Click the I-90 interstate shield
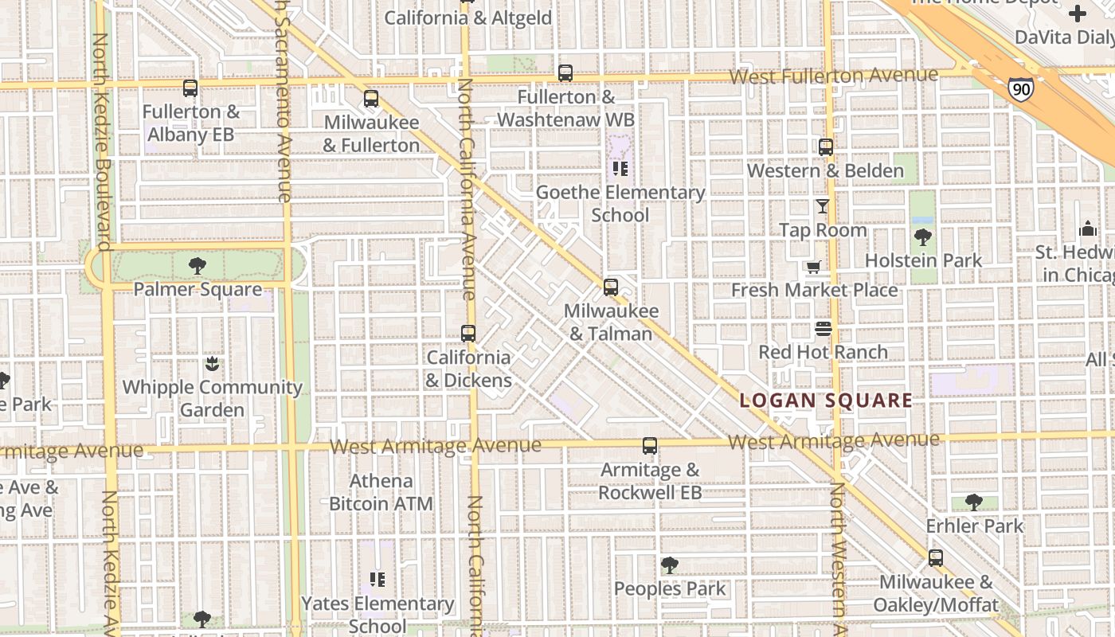(1020, 88)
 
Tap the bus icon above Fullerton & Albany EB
(190, 88)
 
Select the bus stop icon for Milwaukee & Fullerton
(371, 99)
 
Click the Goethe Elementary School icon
(620, 169)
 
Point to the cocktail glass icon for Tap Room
(823, 206)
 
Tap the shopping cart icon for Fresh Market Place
(813, 267)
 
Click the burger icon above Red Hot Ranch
(823, 329)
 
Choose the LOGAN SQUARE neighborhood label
(826, 401)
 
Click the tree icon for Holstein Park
(923, 237)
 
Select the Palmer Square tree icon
(198, 266)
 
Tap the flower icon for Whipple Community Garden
(212, 364)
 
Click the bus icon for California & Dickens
(468, 334)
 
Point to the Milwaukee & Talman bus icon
(611, 287)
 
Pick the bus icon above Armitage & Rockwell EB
(650, 446)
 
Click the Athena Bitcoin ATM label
(381, 492)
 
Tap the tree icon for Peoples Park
(670, 565)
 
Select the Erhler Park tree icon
(973, 502)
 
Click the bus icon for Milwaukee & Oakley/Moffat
(936, 558)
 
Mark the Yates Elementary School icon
(378, 580)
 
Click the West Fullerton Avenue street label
(833, 76)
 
